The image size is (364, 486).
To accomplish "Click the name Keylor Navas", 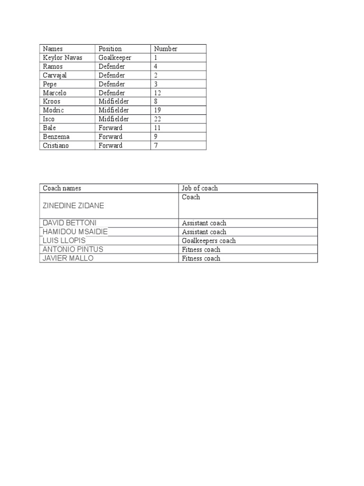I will [x=62, y=57].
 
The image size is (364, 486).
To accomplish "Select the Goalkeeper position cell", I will [x=115, y=57].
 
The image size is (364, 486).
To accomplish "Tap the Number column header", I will [x=165, y=48].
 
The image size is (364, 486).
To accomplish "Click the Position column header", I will [x=110, y=48].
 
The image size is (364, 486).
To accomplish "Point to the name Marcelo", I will [x=55, y=93].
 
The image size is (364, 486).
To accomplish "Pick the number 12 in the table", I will [x=158, y=93].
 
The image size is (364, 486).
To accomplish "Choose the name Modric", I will [x=53, y=110].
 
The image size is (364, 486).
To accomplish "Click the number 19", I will [x=158, y=110].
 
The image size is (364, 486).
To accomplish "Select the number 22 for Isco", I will [x=158, y=119].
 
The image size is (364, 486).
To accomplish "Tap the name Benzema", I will [x=56, y=137].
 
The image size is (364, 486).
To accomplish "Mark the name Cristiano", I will [x=55, y=145].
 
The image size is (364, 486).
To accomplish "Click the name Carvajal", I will [x=55, y=75].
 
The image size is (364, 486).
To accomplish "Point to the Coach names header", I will [x=62, y=188].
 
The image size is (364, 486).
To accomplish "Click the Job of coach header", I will [x=200, y=188].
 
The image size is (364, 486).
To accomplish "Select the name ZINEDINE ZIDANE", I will [x=73, y=206].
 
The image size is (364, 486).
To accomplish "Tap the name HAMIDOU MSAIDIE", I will [x=75, y=232].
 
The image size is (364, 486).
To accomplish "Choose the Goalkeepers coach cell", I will [x=209, y=241].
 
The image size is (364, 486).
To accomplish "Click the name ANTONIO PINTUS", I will [x=73, y=249].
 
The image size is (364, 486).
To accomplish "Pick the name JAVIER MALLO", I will [x=68, y=258].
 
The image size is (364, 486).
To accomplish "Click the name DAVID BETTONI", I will [x=69, y=223].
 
